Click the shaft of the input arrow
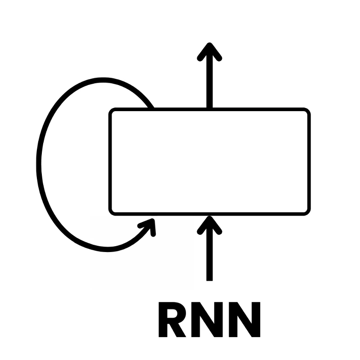[209, 256]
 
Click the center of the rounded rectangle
[209, 162]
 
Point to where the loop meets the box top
[152, 108]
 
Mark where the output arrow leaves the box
[209, 108]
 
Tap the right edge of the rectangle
[308, 162]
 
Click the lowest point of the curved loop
[108, 249]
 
